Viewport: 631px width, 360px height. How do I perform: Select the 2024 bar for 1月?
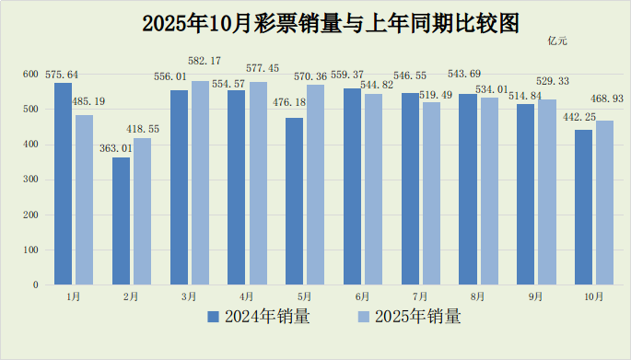pyautogui.click(x=63, y=183)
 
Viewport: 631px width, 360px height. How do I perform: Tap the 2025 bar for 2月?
pyautogui.click(x=142, y=211)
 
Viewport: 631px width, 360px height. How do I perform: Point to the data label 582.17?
pyautogui.click(x=204, y=61)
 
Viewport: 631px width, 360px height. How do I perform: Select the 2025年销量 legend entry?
pyautogui.click(x=409, y=317)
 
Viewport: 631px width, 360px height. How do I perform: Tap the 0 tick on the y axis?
pyautogui.click(x=35, y=285)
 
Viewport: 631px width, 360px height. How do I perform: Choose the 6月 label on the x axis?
pyautogui.click(x=362, y=296)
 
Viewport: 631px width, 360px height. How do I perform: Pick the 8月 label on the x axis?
pyautogui.click(x=477, y=296)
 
